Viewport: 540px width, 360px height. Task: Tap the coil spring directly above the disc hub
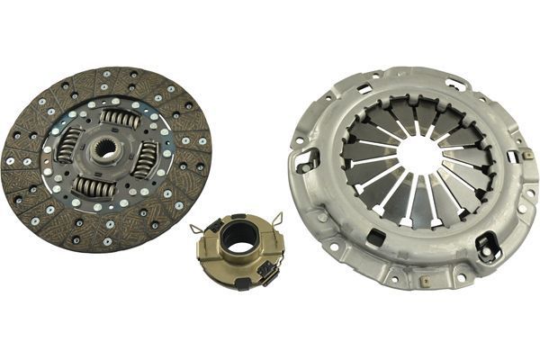point(119,118)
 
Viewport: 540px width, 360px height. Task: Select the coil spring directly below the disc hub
point(94,185)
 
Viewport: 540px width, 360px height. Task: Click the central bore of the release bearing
point(239,236)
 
